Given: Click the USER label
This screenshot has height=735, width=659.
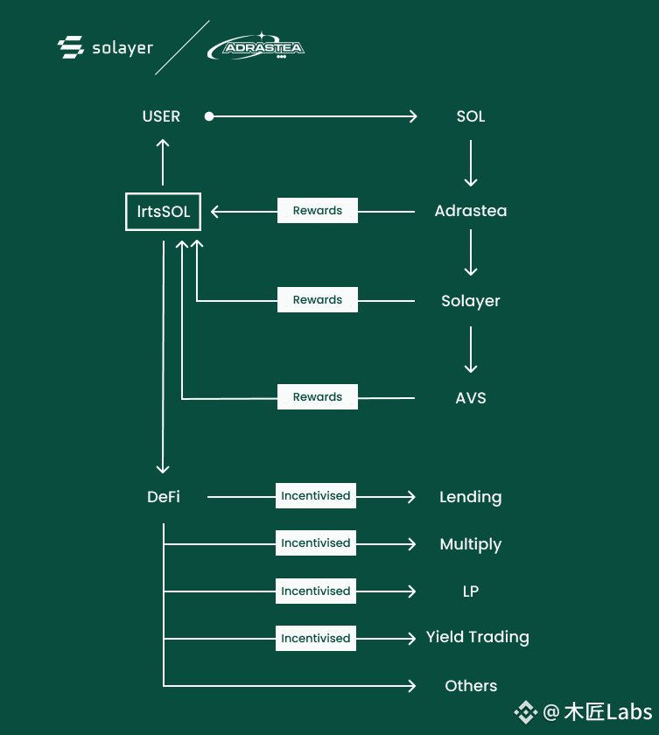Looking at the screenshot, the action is click(x=161, y=116).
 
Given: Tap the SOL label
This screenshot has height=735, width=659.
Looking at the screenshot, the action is click(x=471, y=116).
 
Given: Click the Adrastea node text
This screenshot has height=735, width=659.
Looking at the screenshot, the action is click(x=471, y=211).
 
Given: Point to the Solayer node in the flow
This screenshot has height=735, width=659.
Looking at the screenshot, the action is click(x=471, y=301).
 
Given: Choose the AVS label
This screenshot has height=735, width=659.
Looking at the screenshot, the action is click(x=471, y=398).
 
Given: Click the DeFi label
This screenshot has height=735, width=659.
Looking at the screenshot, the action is click(x=164, y=497).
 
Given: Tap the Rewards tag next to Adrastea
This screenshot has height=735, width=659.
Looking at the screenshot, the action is click(x=318, y=211).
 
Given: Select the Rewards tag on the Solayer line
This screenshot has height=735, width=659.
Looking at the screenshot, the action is click(x=318, y=299).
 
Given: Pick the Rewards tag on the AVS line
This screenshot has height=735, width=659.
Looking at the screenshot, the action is click(x=318, y=396).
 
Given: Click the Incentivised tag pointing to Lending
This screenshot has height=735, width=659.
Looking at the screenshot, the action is click(x=315, y=495).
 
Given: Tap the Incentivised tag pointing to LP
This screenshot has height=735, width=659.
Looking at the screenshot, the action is click(x=315, y=591).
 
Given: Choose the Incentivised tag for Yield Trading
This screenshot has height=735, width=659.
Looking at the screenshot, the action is click(x=315, y=638).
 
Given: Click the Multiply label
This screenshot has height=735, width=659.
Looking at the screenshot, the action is click(x=471, y=544).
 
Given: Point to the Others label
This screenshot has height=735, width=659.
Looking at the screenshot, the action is click(x=471, y=686).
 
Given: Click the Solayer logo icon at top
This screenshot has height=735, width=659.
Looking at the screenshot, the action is click(x=71, y=47).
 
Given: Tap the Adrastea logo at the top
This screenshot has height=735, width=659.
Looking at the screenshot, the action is click(x=256, y=47).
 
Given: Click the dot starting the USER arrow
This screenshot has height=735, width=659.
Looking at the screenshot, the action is click(x=209, y=116).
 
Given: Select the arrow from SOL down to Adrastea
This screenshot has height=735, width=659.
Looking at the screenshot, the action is click(x=471, y=163).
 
